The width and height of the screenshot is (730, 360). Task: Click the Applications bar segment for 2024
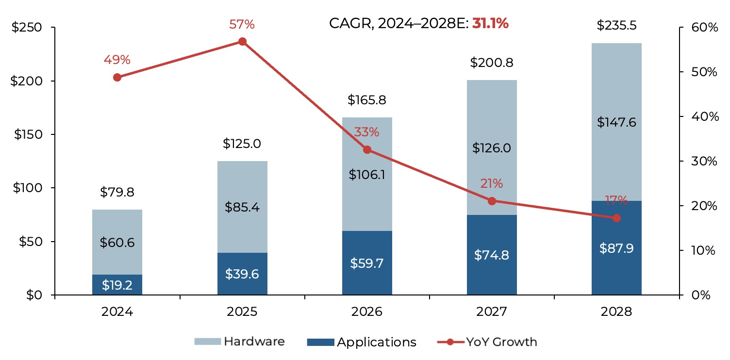pos(117,285)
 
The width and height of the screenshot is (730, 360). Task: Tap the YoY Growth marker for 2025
pos(242,42)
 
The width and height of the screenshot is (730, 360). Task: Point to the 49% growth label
pos(117,60)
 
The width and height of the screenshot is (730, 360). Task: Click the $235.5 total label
pos(616,25)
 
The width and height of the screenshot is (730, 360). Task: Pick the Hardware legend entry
pos(240,342)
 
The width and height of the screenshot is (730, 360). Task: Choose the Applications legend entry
pos(362,342)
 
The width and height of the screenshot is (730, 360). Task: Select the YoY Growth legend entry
pos(487,342)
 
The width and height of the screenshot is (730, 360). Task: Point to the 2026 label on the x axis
pos(367,311)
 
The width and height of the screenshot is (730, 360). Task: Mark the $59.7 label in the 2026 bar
pos(367,263)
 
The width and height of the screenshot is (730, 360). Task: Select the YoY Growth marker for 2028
pos(616,218)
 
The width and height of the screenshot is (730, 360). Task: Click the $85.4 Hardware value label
pos(242,207)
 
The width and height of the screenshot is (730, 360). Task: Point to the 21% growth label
pos(492,184)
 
